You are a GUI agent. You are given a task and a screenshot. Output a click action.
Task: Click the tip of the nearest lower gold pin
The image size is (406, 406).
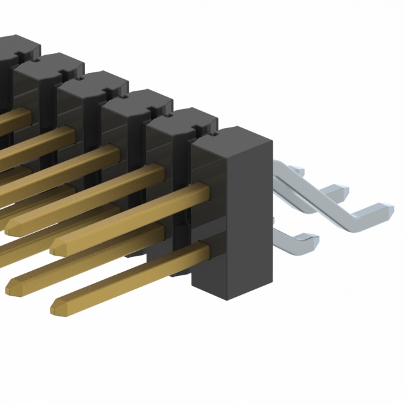click(56, 303)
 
